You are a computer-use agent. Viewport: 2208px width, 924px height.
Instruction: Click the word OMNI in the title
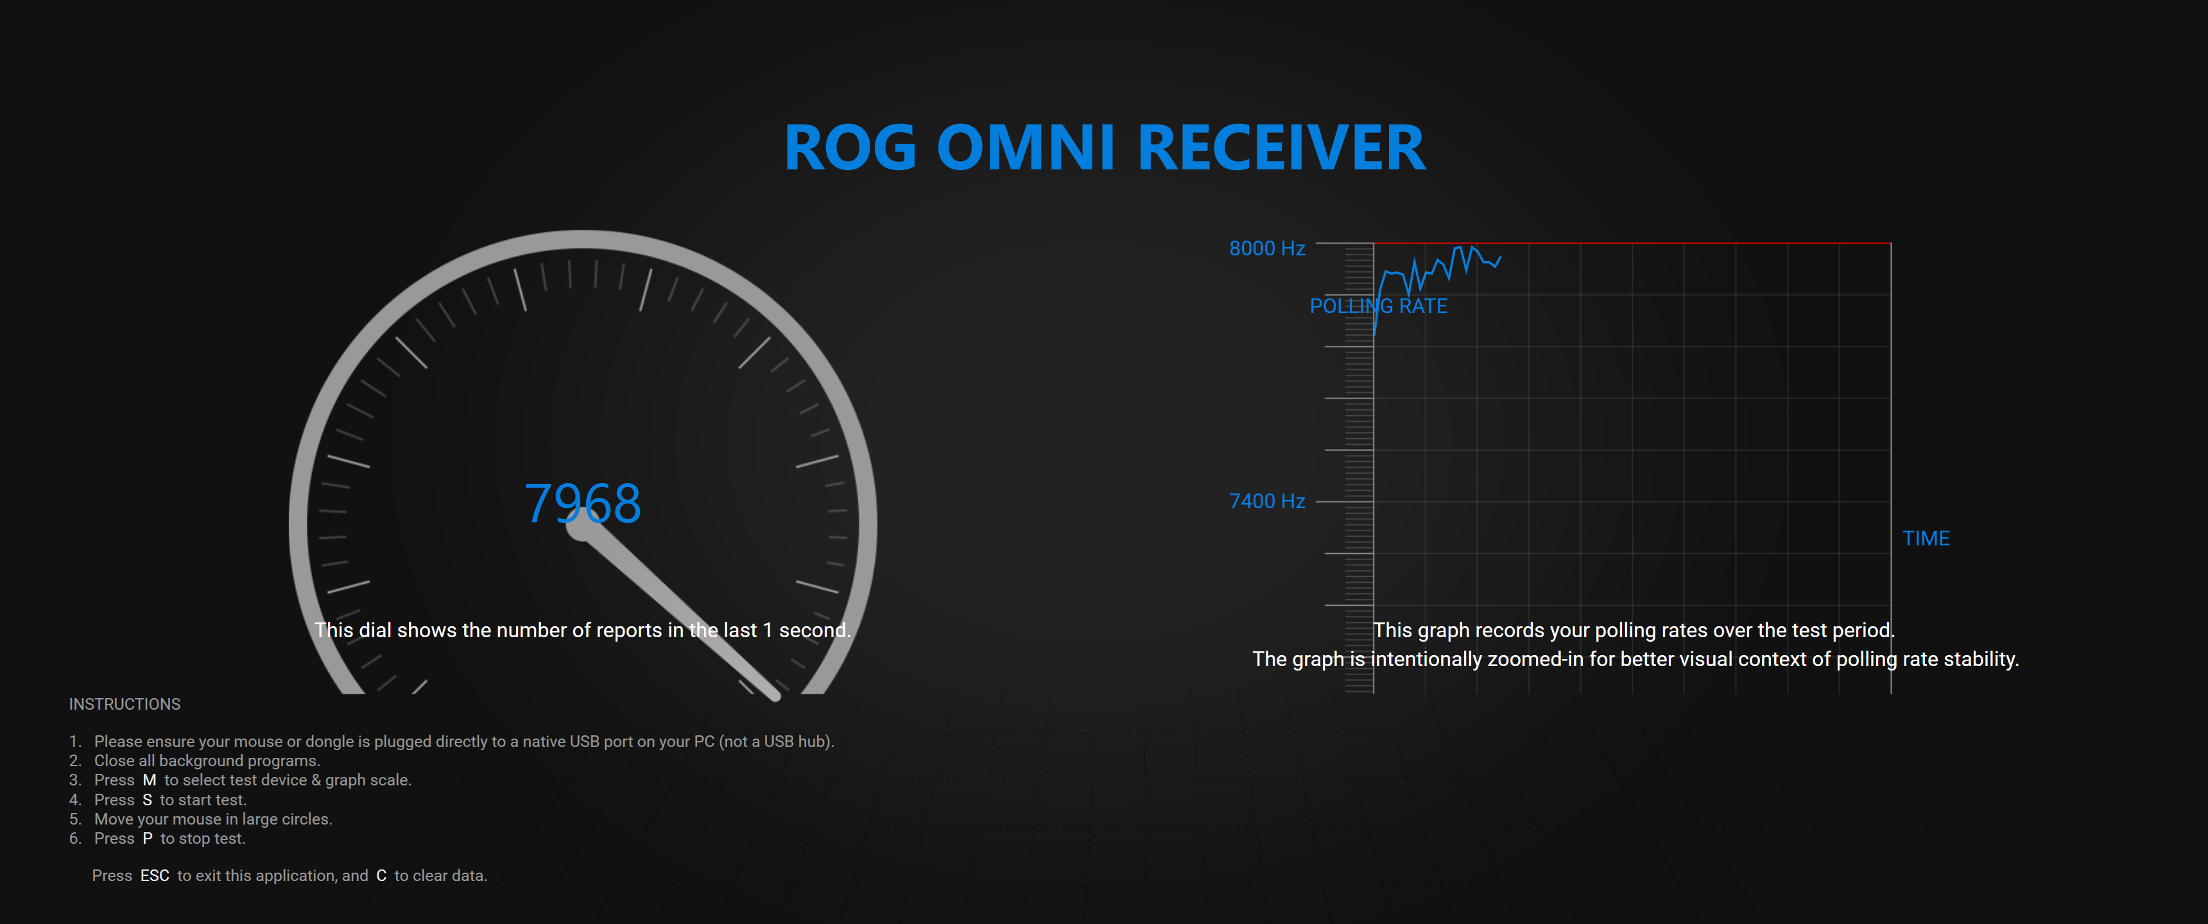1026,148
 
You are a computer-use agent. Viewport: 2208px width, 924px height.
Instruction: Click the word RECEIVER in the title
1281,148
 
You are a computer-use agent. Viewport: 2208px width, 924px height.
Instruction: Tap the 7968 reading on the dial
583,503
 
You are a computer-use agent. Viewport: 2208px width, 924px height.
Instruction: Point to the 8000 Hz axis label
1267,248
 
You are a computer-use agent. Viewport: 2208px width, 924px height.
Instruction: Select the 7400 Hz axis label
1267,501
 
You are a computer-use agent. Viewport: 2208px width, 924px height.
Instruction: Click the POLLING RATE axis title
1378,306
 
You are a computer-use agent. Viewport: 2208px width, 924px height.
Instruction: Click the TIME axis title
1926,538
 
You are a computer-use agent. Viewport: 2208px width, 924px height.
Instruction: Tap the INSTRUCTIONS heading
125,704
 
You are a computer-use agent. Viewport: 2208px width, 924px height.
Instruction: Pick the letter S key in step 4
148,800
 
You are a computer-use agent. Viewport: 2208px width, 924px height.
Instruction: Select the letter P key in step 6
148,838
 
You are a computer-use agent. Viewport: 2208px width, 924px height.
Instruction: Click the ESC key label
155,875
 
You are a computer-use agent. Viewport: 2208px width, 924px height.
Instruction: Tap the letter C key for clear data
381,875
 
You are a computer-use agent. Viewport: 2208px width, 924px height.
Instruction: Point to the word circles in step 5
304,819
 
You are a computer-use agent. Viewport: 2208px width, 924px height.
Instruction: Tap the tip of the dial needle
777,697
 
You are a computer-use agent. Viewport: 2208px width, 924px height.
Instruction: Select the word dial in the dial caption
375,630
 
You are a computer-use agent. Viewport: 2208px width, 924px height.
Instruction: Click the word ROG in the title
850,148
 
